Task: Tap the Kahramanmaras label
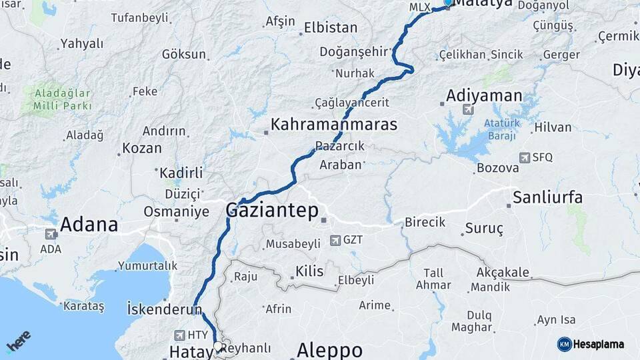coord(333,125)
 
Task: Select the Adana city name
coord(89,225)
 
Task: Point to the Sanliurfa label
coord(547,197)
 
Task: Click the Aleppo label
coord(329,349)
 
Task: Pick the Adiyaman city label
coord(484,95)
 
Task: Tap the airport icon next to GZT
coord(333,239)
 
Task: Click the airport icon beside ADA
coord(50,235)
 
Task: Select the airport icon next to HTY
coord(179,335)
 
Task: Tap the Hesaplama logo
coord(590,344)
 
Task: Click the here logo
coord(19,341)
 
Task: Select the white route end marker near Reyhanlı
coord(218,346)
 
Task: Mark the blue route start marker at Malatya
coord(448,3)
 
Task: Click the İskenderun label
coord(164,309)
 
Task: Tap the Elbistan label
coord(331,28)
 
